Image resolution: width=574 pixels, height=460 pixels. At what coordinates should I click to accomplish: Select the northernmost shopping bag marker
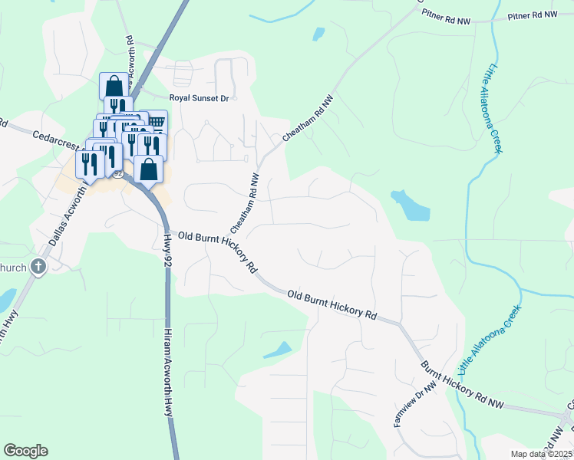114,85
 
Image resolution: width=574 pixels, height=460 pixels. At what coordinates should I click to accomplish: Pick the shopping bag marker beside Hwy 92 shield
149,169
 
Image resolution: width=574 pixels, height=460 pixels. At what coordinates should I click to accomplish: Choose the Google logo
25,451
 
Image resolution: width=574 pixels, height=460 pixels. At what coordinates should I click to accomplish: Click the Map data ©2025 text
541,454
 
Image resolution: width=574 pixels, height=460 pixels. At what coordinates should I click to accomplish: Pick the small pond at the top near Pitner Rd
318,34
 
